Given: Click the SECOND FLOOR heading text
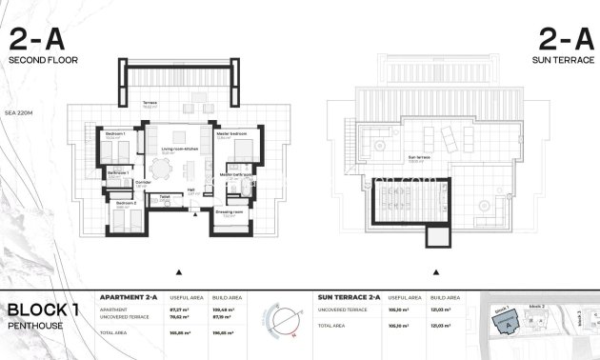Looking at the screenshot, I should click(43, 60).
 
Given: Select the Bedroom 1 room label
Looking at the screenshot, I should click(116, 133).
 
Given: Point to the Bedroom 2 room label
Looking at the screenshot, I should click(126, 203).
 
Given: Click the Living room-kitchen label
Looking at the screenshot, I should click(178, 150).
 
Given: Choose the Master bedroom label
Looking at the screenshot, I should click(232, 133).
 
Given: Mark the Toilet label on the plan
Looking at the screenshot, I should click(165, 198).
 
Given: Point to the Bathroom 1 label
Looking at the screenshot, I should click(118, 172).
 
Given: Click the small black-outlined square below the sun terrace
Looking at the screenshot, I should click(439, 234).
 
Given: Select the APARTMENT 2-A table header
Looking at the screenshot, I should click(129, 298).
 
